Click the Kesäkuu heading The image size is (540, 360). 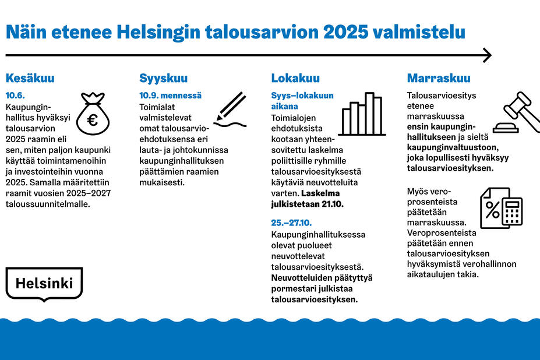tap(30, 79)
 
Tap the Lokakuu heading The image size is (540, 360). tap(295, 79)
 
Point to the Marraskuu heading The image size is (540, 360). tap(439, 79)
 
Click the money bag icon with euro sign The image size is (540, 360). tap(92, 114)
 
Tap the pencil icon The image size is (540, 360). tap(232, 110)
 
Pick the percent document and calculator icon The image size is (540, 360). tap(500, 207)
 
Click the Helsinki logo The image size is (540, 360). tap(44, 284)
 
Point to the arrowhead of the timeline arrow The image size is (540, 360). tap(487, 55)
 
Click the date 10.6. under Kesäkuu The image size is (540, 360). tap(15, 95)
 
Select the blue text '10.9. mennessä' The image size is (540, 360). tap(170, 95)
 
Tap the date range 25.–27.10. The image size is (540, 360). tap(292, 223)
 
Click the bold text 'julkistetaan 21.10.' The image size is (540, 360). tap(308, 204)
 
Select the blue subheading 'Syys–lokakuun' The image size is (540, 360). tap(302, 95)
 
